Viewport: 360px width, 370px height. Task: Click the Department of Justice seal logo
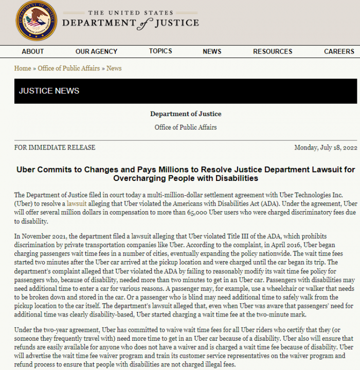coord(36,21)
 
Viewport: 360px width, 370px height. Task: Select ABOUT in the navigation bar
coord(33,51)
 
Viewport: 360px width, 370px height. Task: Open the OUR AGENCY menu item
coord(96,51)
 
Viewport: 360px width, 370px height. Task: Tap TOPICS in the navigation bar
coord(160,51)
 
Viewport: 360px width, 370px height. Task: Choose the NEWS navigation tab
coord(212,51)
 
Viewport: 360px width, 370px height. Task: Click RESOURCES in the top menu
coord(273,51)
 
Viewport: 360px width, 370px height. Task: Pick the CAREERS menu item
coord(339,51)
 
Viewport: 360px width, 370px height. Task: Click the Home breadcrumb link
coord(23,68)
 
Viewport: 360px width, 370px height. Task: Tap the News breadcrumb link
coord(114,68)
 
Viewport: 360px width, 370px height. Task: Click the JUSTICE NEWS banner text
coord(49,91)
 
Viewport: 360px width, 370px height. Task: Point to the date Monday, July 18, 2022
coord(325,147)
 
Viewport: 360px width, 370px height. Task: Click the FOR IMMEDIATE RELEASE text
coord(55,147)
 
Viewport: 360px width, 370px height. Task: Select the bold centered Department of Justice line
coord(186,114)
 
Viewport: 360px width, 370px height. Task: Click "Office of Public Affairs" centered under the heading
coord(186,127)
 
